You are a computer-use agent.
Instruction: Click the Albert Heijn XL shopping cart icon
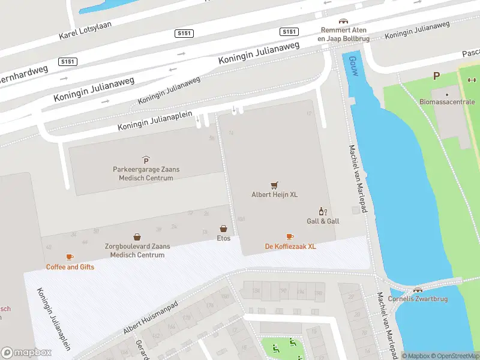pyautogui.click(x=274, y=185)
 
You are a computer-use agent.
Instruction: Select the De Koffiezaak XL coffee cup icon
pyautogui.click(x=290, y=237)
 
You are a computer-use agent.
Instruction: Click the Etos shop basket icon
pyautogui.click(x=223, y=229)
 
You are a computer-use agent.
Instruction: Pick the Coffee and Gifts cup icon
pyautogui.click(x=70, y=257)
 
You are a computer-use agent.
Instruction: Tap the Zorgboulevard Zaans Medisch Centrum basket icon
pyautogui.click(x=137, y=237)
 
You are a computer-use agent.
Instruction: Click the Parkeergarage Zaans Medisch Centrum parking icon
pyautogui.click(x=146, y=160)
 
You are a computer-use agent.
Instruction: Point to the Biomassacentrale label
pyautogui.click(x=447, y=102)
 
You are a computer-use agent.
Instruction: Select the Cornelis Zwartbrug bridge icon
pyautogui.click(x=410, y=290)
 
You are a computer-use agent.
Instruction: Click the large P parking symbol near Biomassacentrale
pyautogui.click(x=436, y=76)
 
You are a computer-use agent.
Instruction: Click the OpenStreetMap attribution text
pyautogui.click(x=455, y=356)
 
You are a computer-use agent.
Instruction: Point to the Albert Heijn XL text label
pyautogui.click(x=274, y=194)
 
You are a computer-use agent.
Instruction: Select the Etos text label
pyautogui.click(x=223, y=238)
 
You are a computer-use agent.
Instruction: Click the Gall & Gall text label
pyautogui.click(x=323, y=221)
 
